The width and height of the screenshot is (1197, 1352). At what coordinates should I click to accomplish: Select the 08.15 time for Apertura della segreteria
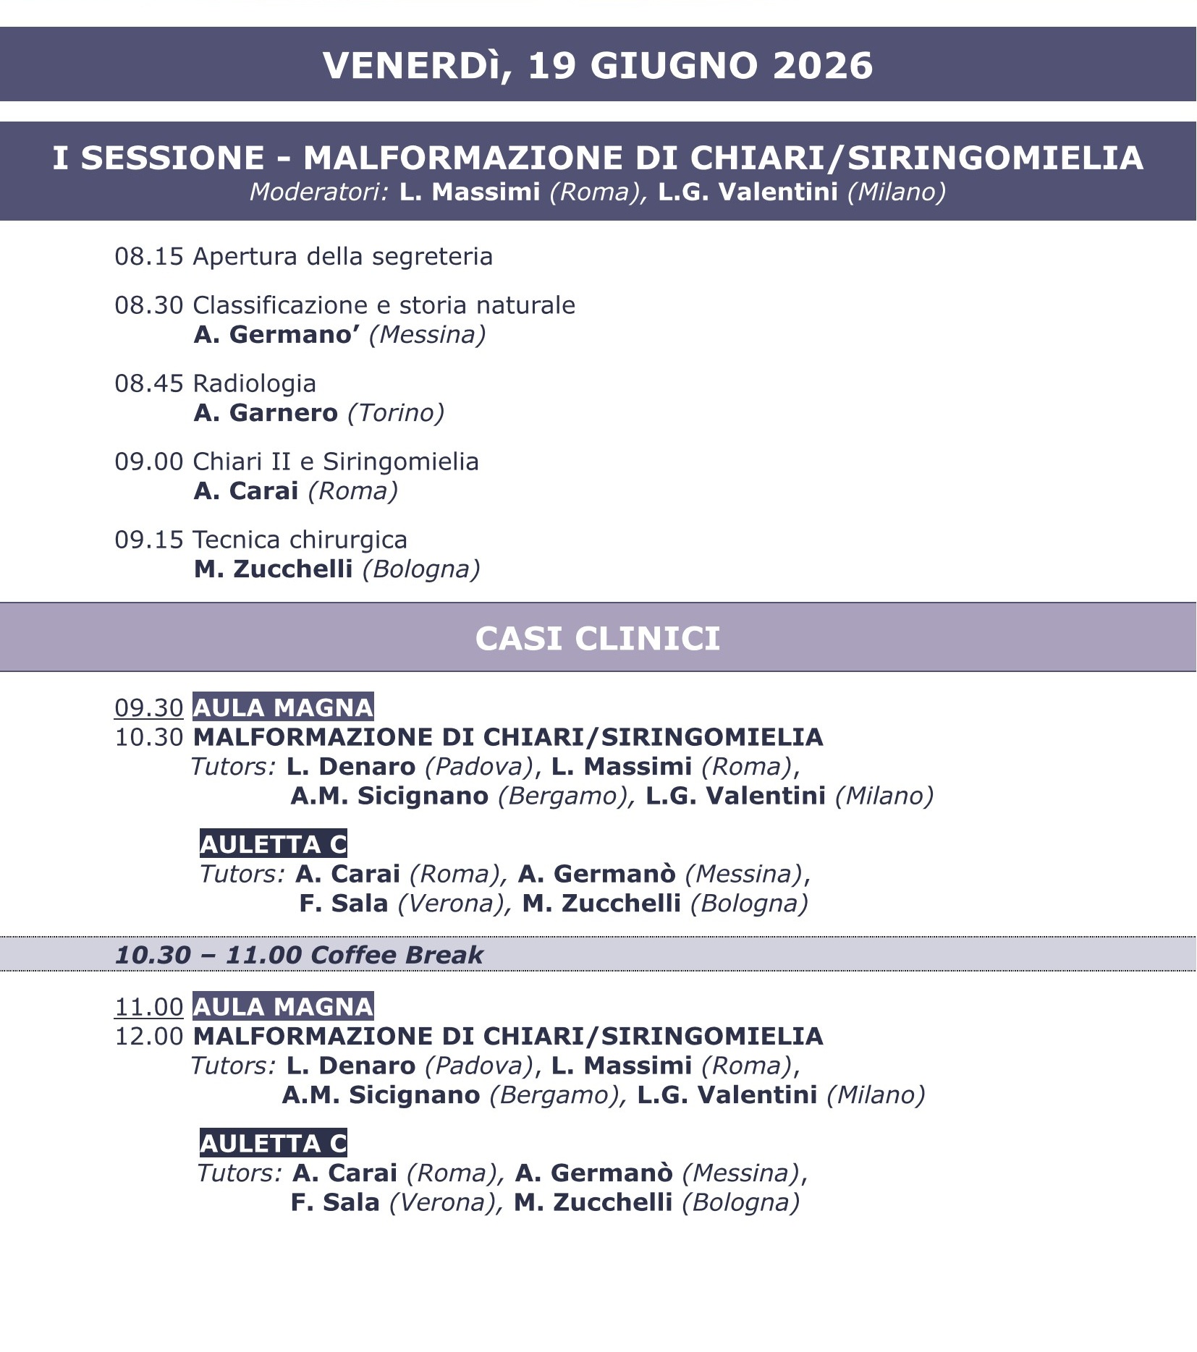click(149, 257)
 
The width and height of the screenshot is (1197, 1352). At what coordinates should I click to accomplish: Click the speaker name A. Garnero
click(266, 413)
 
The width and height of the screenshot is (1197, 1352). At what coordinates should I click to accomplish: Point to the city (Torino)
click(396, 413)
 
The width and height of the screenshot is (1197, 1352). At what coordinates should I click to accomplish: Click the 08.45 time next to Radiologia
click(149, 383)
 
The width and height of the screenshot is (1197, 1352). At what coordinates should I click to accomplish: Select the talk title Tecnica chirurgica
click(300, 540)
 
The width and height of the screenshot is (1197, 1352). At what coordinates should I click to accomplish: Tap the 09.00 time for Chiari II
click(149, 462)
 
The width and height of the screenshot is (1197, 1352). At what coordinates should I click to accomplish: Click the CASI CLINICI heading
click(598, 639)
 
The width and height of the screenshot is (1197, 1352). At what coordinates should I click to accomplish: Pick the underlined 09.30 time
click(149, 707)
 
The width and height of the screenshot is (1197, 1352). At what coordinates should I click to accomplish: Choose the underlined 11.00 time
click(149, 1007)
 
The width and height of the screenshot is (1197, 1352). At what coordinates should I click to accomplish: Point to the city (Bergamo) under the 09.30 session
click(562, 796)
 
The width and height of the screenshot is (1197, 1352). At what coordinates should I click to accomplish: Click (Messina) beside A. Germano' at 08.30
click(427, 335)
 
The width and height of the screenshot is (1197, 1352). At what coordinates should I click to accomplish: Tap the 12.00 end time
click(149, 1036)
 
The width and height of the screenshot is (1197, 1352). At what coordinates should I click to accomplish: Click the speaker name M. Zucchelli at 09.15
click(273, 569)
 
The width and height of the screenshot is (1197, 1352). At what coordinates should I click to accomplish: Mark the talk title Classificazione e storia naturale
click(384, 305)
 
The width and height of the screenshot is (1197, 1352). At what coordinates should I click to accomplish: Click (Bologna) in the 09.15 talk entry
click(421, 569)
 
